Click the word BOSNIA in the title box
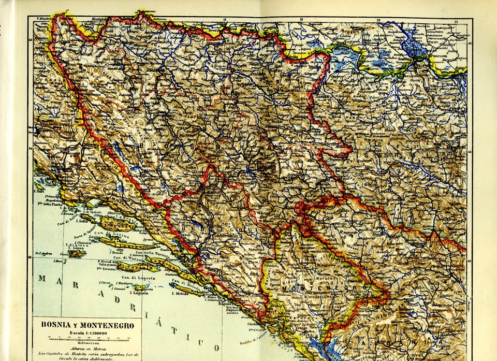pos(56,325)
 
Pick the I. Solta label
pos(81,221)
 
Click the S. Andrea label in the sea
pos(43,253)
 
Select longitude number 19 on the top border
pos(301,20)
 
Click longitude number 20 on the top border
pos(378,20)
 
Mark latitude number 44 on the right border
pos(470,152)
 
